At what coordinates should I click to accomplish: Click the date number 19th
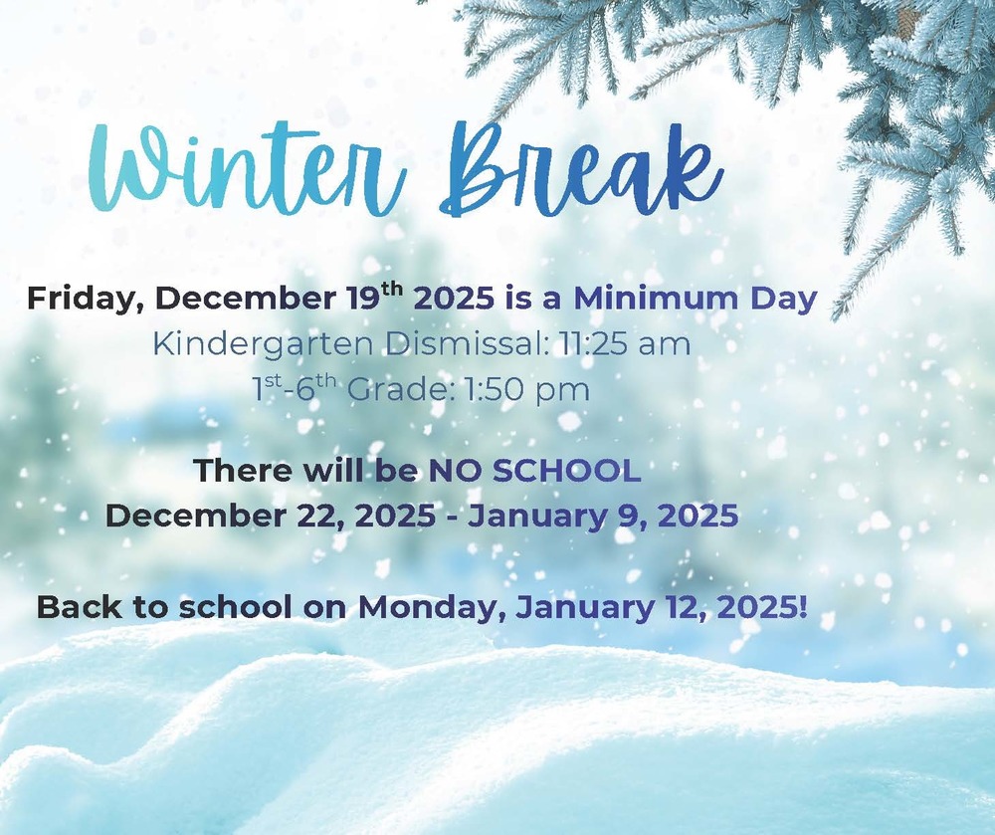point(375,297)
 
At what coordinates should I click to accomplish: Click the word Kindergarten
point(261,345)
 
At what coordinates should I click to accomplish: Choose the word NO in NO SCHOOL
point(454,471)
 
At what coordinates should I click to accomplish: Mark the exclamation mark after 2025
point(802,606)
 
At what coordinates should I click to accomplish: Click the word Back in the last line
point(76,607)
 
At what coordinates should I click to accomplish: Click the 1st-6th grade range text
point(296,388)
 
